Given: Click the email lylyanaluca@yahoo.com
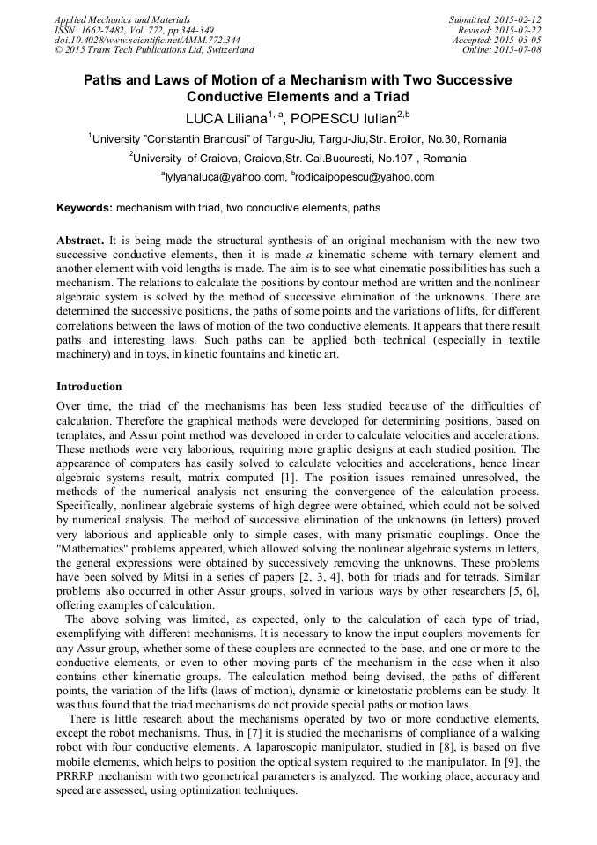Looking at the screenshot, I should pos(225,177).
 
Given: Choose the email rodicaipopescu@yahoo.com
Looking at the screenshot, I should pos(365,177).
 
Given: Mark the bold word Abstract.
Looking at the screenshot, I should pos(80,241).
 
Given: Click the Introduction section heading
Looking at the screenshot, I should pos(89,387).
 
